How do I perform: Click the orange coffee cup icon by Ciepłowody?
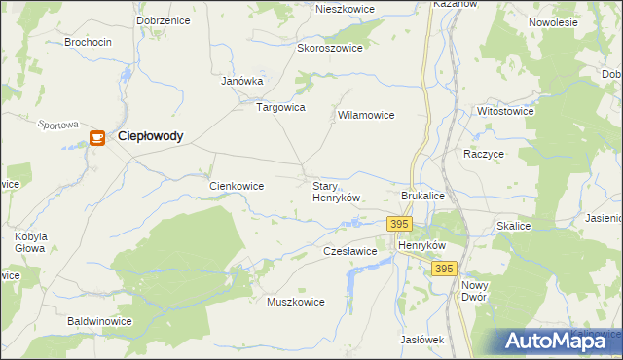tap(96, 138)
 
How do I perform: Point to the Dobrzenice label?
tap(164, 19)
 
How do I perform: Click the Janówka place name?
tap(242, 82)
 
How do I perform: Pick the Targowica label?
tap(280, 107)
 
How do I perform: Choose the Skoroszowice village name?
tap(330, 48)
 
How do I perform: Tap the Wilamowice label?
tap(365, 115)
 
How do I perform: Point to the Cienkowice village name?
tap(238, 185)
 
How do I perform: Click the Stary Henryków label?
tap(336, 191)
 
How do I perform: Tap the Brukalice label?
tap(422, 196)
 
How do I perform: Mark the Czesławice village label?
tap(349, 251)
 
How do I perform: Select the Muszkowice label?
tap(295, 302)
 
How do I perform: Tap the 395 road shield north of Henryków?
tap(399, 224)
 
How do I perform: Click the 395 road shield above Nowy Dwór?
tap(444, 269)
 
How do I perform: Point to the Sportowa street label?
tap(56, 125)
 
